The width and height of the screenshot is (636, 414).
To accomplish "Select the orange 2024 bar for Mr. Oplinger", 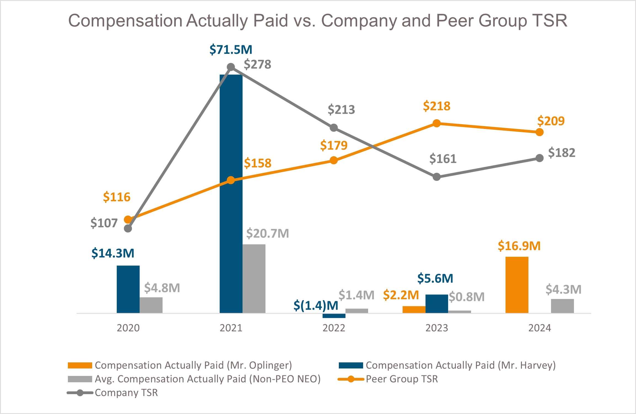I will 517,285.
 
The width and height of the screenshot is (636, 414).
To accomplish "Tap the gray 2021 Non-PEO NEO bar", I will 254,279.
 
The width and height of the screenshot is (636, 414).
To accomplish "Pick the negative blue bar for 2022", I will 334,316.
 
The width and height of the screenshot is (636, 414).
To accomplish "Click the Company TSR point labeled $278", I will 231,67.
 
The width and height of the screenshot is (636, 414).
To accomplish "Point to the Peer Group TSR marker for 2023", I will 437,123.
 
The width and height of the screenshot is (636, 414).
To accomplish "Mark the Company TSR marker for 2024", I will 539,158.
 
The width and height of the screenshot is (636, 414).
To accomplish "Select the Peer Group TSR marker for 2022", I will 334,160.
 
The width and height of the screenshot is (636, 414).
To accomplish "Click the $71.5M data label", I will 231,50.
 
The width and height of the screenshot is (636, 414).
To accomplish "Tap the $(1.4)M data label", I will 316,306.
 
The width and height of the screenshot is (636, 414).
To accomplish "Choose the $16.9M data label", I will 519,246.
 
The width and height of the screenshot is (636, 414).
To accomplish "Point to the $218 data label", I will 437,106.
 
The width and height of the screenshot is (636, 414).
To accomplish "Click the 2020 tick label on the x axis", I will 128,328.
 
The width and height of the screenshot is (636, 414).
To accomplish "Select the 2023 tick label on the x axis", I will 437,328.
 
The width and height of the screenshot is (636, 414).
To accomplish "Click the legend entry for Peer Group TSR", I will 402,379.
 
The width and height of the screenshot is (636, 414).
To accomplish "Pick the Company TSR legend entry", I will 126,393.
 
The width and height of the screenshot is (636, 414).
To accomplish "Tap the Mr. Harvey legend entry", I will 461,365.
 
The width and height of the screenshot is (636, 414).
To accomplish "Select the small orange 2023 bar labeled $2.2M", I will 414,309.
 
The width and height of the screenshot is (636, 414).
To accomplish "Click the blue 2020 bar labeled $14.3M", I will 128,289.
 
